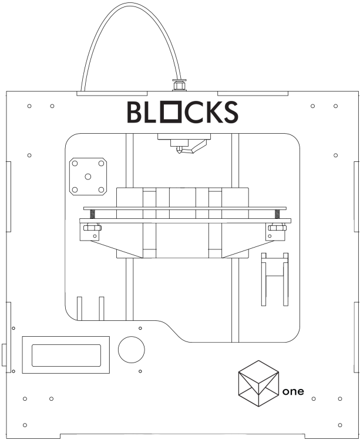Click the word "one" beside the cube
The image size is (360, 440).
point(293,391)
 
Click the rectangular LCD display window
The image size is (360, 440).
point(66,354)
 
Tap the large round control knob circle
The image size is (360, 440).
point(131,350)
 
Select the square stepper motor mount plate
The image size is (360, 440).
point(88,176)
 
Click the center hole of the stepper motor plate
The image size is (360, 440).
point(88,176)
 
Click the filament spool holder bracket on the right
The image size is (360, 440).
point(275,278)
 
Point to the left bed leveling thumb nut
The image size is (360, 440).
point(92,228)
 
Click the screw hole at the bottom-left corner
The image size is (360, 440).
point(25,424)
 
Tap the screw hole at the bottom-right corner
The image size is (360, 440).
point(341,424)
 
